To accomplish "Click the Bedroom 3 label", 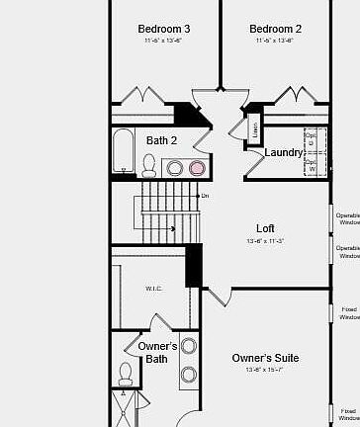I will click(x=164, y=29).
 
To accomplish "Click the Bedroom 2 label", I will click(x=276, y=29).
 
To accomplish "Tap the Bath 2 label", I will click(x=162, y=140).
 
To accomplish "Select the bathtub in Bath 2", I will click(x=123, y=151).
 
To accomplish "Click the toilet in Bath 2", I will click(x=149, y=166).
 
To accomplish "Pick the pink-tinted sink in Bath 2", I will click(x=197, y=167).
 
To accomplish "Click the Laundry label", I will click(x=284, y=152).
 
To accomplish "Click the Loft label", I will click(x=265, y=228).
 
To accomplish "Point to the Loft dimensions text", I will click(x=265, y=241).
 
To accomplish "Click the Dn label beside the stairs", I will click(x=205, y=196).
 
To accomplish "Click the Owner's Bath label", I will click(x=157, y=353).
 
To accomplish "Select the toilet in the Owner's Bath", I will click(x=127, y=374).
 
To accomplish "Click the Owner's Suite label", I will click(x=265, y=357).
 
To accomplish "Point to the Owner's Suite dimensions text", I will click(x=265, y=370).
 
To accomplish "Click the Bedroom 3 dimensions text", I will click(x=164, y=42).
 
